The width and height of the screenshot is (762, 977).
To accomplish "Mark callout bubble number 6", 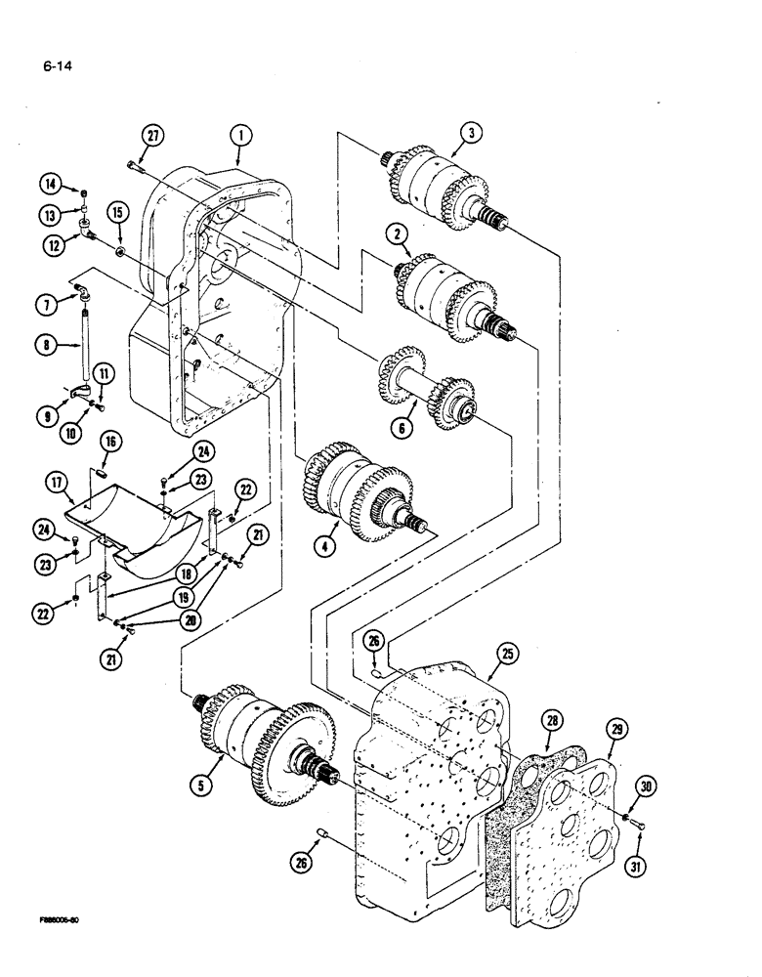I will pos(402,426).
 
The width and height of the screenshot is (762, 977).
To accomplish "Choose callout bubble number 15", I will pos(117,212).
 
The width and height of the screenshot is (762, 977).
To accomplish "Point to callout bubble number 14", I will pos(50,183).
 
